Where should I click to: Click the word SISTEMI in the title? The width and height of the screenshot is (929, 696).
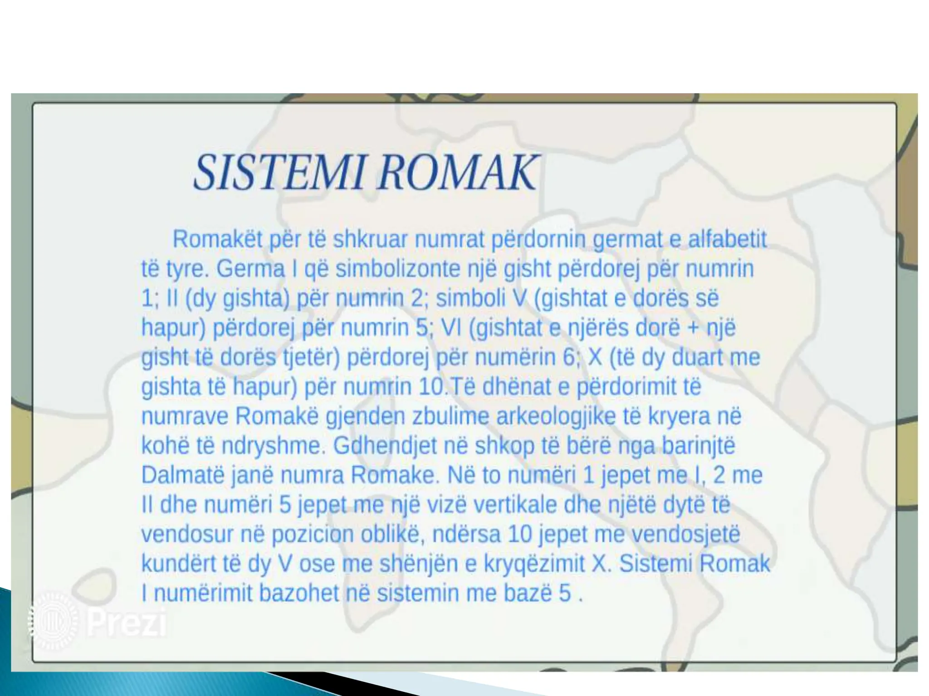click(279, 173)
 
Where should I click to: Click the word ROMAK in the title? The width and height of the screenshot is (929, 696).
click(458, 173)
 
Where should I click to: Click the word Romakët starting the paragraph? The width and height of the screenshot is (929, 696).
click(217, 239)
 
